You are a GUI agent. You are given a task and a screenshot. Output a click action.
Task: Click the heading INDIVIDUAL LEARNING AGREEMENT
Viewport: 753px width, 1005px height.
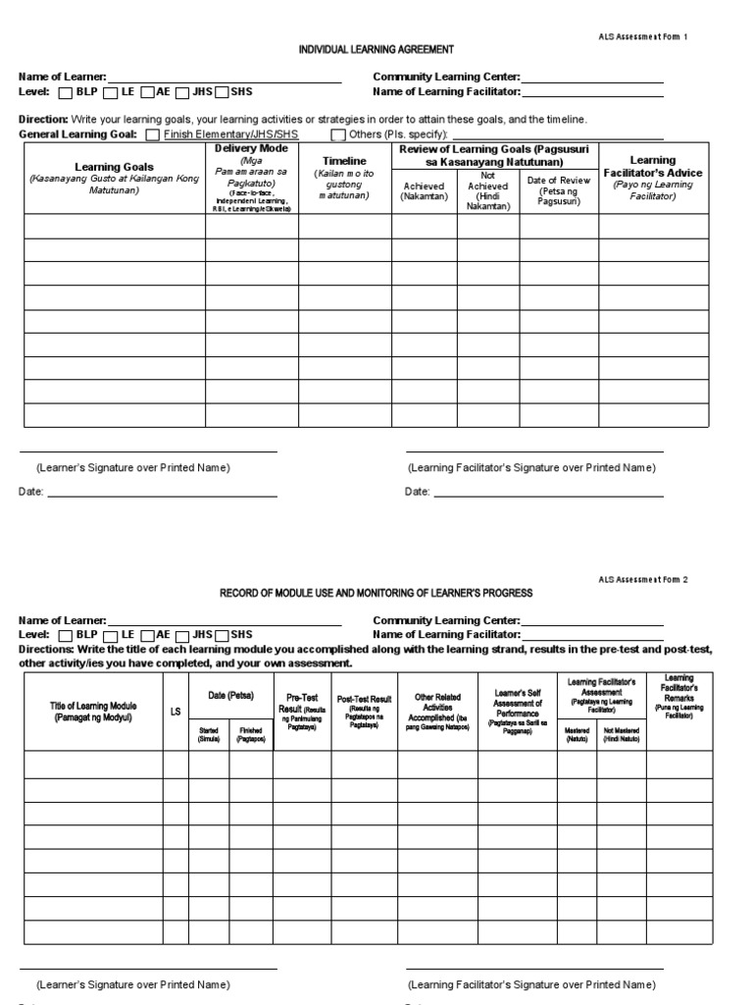[x=363, y=48]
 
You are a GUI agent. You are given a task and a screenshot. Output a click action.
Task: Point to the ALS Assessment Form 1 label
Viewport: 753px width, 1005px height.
[x=643, y=36]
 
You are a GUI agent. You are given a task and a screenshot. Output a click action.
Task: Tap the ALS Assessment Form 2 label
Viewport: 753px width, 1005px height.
[x=643, y=580]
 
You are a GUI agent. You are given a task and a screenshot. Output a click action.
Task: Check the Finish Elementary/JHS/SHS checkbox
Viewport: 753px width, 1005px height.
[x=152, y=134]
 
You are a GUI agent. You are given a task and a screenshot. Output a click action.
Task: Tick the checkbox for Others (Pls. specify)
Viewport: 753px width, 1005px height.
[x=337, y=134]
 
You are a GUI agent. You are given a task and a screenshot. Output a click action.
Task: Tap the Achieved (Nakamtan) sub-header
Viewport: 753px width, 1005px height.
[x=424, y=191]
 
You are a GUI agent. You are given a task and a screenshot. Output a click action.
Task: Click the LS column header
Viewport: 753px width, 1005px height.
[x=176, y=712]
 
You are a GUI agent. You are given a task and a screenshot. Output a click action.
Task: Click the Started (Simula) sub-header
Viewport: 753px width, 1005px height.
[x=209, y=735]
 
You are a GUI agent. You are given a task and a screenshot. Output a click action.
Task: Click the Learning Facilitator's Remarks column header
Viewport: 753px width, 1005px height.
[x=678, y=698]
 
